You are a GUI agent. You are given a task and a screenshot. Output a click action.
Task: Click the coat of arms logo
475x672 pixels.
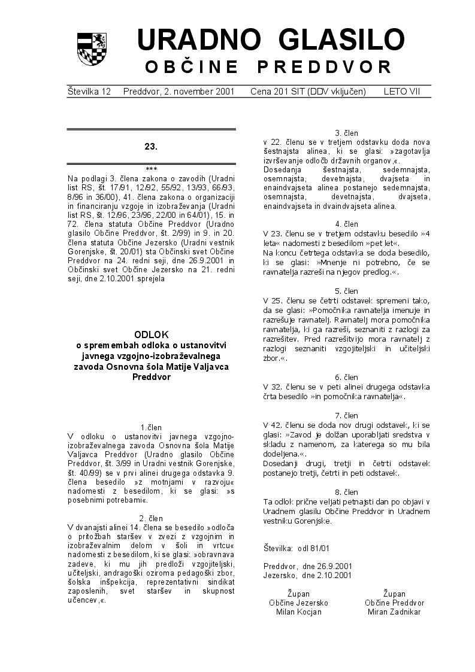pos(92,49)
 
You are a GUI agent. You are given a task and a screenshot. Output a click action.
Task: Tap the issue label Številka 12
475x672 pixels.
pos(89,92)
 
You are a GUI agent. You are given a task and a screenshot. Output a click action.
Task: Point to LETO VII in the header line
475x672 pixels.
pos(402,92)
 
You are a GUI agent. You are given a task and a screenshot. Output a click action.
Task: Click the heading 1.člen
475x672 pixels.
pos(151,427)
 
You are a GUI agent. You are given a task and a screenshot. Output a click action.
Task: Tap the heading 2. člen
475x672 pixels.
pos(151,518)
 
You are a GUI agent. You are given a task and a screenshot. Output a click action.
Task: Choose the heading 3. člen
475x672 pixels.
pos(346,133)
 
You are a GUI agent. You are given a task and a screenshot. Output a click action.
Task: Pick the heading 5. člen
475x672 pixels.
pos(346,291)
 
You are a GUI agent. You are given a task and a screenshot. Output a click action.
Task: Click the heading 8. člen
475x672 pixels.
pos(346,492)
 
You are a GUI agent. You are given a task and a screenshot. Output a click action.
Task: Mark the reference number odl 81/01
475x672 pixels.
pos(313,548)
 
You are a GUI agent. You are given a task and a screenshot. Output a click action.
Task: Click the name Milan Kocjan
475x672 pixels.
pos(298,612)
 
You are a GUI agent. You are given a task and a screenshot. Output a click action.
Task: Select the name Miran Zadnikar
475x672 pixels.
pos(394,612)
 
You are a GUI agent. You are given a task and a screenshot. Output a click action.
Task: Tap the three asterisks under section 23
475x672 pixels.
pos(151,169)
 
